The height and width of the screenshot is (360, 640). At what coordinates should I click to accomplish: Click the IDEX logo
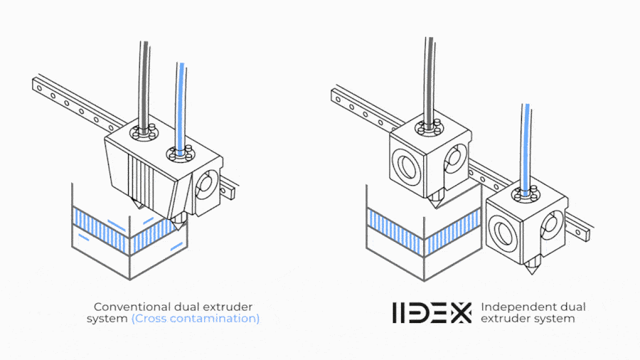tap(432, 312)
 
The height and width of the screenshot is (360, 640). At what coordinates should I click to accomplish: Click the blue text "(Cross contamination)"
tap(196, 318)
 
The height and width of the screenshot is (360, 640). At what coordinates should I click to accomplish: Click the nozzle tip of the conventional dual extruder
tap(178, 229)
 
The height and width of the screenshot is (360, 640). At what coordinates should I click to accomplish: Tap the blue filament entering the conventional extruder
tap(181, 106)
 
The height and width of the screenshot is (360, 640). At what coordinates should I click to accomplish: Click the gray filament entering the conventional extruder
tap(144, 85)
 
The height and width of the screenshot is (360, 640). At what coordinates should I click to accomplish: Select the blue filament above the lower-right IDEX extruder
tap(525, 148)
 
